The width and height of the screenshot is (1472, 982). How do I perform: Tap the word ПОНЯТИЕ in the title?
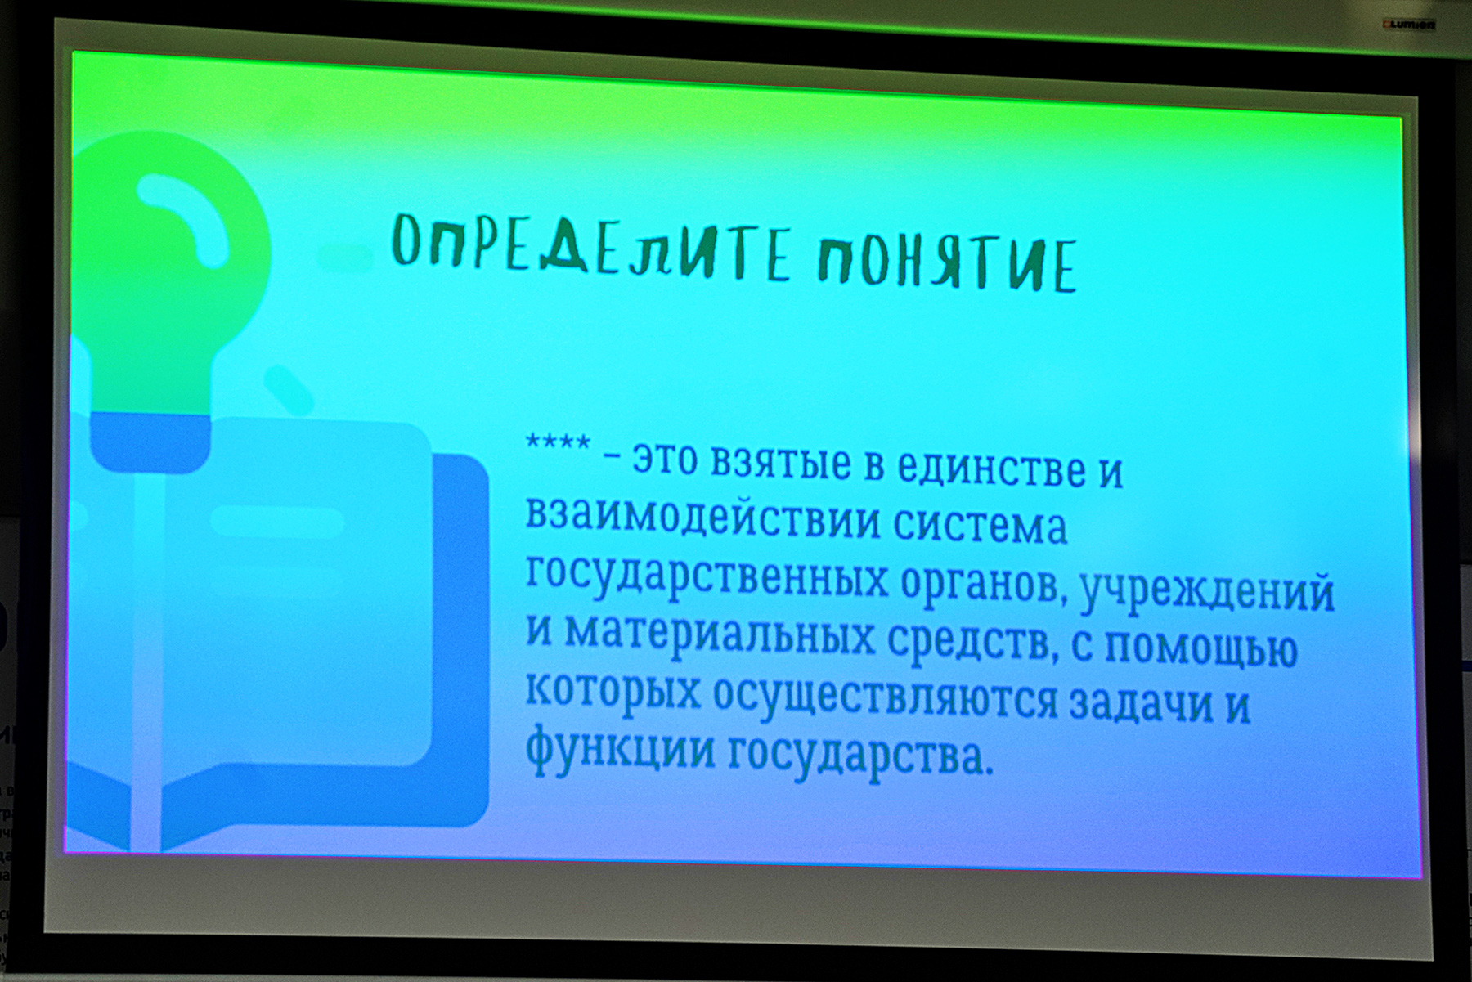coord(948,263)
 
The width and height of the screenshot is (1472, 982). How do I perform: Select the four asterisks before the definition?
coord(558,443)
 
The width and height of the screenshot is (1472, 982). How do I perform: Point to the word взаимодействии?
coord(702,518)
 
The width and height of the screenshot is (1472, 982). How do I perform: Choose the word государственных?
coord(707,576)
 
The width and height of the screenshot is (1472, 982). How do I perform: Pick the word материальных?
coord(720,634)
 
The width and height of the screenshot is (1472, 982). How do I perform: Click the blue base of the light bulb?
coord(150,442)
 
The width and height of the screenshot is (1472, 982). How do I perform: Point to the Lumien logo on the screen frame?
coord(1409,25)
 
